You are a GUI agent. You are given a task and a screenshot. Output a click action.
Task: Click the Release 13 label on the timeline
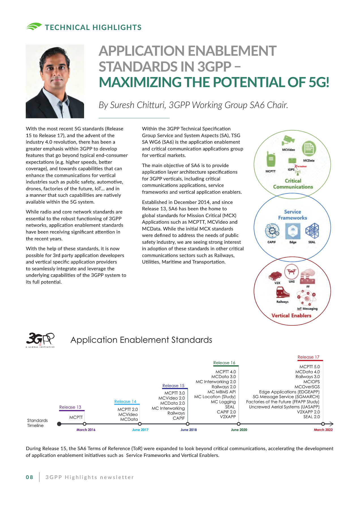click(x=70, y=407)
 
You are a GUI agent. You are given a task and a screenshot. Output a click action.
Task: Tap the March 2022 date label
click(x=323, y=430)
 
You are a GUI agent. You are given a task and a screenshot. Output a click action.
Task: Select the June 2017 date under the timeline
click(x=140, y=430)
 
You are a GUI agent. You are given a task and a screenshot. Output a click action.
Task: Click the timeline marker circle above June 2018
click(x=188, y=424)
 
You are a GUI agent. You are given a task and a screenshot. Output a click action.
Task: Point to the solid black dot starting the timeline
click(x=59, y=424)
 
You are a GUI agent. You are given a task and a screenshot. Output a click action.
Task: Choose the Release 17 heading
click(x=308, y=357)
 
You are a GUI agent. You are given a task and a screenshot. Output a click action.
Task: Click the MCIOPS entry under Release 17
click(x=311, y=382)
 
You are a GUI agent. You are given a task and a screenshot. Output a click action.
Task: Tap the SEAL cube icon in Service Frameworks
click(x=312, y=231)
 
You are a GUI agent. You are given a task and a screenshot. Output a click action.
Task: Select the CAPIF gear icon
click(x=272, y=230)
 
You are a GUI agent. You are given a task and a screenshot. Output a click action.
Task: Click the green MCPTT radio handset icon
click(x=271, y=159)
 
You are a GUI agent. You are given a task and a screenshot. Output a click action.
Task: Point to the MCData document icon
click(x=309, y=148)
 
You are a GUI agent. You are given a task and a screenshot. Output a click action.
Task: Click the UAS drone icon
click(x=292, y=271)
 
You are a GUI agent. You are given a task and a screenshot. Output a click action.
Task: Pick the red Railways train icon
click(x=283, y=292)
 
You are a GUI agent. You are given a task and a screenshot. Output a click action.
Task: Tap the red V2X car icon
click(x=275, y=275)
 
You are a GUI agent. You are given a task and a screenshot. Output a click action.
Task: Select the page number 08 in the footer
click(x=29, y=477)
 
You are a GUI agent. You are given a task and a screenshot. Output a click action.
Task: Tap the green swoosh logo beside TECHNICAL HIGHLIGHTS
click(x=34, y=27)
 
